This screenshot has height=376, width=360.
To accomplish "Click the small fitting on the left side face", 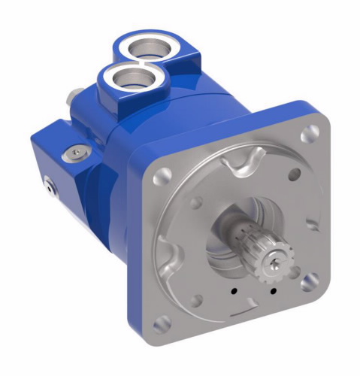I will coord(50,183).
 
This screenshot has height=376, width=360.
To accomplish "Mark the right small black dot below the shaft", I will coord(273,290).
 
